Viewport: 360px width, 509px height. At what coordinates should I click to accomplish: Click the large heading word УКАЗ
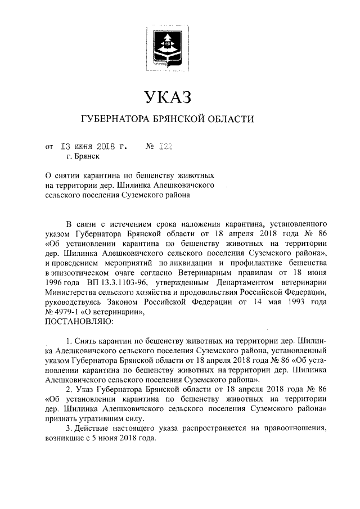coord(168,97)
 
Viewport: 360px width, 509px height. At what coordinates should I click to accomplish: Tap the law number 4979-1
coord(67,313)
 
